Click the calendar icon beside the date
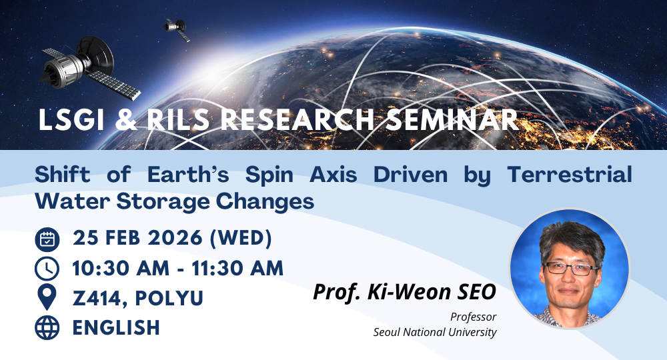[46, 239]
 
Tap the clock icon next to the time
[46, 268]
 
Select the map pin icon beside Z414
[46, 297]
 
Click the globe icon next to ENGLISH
[46, 327]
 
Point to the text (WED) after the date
[248, 239]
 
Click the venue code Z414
[100, 298]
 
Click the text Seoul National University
[435, 331]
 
